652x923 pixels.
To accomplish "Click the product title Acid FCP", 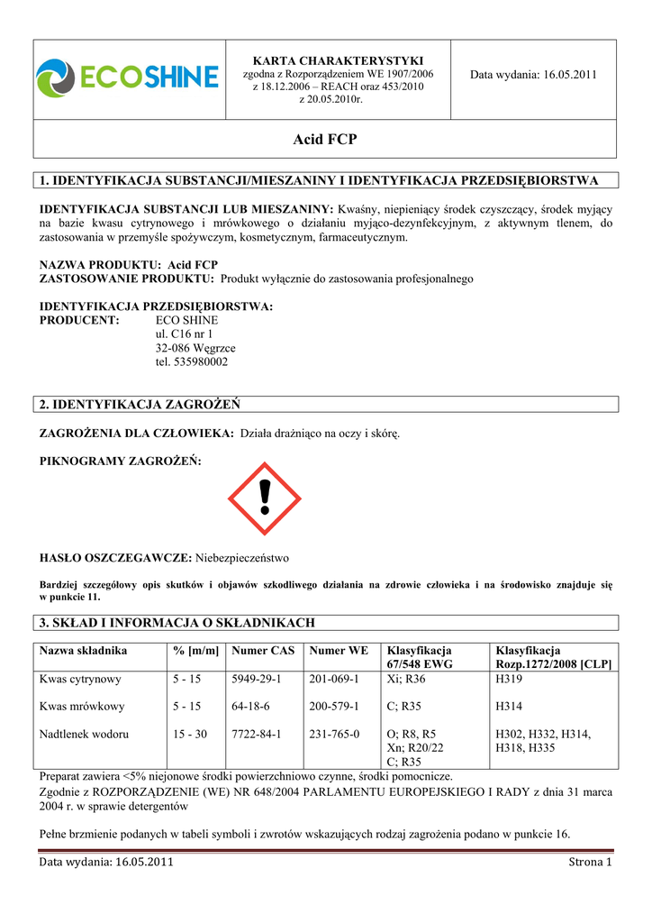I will [x=325, y=140].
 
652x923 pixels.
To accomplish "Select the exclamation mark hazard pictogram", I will [x=264, y=498].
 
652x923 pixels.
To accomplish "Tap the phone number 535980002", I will [x=192, y=361].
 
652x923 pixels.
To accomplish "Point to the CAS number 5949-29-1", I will [x=257, y=679].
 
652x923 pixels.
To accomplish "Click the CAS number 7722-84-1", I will [x=257, y=734].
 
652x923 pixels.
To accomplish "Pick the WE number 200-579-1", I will [x=334, y=706].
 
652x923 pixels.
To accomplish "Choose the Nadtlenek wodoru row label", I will [x=84, y=734].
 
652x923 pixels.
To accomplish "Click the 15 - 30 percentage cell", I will [x=190, y=734].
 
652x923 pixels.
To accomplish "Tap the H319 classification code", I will [x=510, y=679].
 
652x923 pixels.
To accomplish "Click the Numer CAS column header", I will [x=262, y=650].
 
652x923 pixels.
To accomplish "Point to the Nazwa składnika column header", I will [x=83, y=650].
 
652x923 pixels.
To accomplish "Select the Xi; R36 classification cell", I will [x=405, y=679].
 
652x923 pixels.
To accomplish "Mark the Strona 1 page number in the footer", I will [x=590, y=863].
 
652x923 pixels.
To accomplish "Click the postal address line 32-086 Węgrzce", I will [x=195, y=348].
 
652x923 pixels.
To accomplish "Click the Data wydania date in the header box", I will [x=533, y=75].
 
